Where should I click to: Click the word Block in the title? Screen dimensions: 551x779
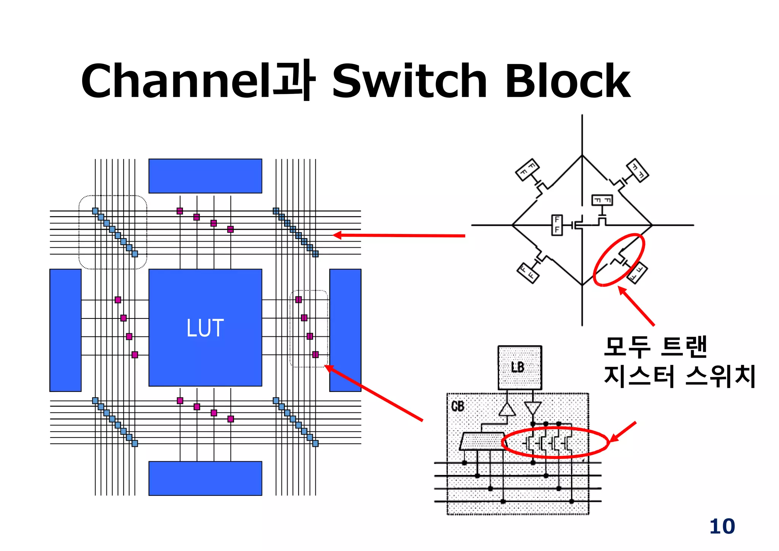568,81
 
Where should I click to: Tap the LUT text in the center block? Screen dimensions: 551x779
205,328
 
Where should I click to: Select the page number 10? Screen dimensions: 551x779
722,527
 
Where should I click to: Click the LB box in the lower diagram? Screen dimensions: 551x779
520,367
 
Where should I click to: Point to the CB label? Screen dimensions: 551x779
458,406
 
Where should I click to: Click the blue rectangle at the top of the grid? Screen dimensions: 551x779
205,176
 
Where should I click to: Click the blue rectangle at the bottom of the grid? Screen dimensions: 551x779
205,478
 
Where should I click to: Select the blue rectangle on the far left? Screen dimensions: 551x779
65,330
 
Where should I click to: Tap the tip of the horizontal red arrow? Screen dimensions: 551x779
335,235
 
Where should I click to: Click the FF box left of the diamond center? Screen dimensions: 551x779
557,225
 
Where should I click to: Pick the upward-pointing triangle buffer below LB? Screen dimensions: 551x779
507,410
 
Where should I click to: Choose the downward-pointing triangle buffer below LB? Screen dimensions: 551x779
533,408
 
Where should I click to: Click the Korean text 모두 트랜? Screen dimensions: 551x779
655,347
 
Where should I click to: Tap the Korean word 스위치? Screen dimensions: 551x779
720,376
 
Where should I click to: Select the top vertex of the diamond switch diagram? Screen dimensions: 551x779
582,155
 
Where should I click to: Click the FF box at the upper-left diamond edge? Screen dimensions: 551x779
528,170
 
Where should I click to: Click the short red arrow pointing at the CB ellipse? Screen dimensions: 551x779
622,432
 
